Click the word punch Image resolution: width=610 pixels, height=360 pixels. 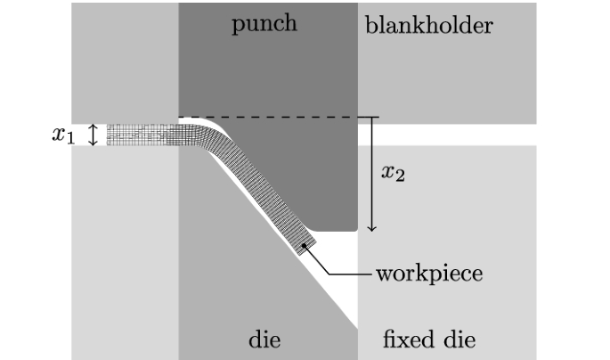click(264, 24)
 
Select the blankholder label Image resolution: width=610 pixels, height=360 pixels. click(428, 25)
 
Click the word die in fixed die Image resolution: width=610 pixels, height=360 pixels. click(459, 340)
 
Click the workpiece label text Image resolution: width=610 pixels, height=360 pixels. click(428, 273)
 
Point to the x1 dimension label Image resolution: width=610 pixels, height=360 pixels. click(62, 135)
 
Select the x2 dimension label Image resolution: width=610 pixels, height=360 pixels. click(393, 172)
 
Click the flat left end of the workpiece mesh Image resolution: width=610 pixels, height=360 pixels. click(109, 135)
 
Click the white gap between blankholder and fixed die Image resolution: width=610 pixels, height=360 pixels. click(445, 134)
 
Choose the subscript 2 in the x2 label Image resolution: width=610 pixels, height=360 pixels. click(400, 176)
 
